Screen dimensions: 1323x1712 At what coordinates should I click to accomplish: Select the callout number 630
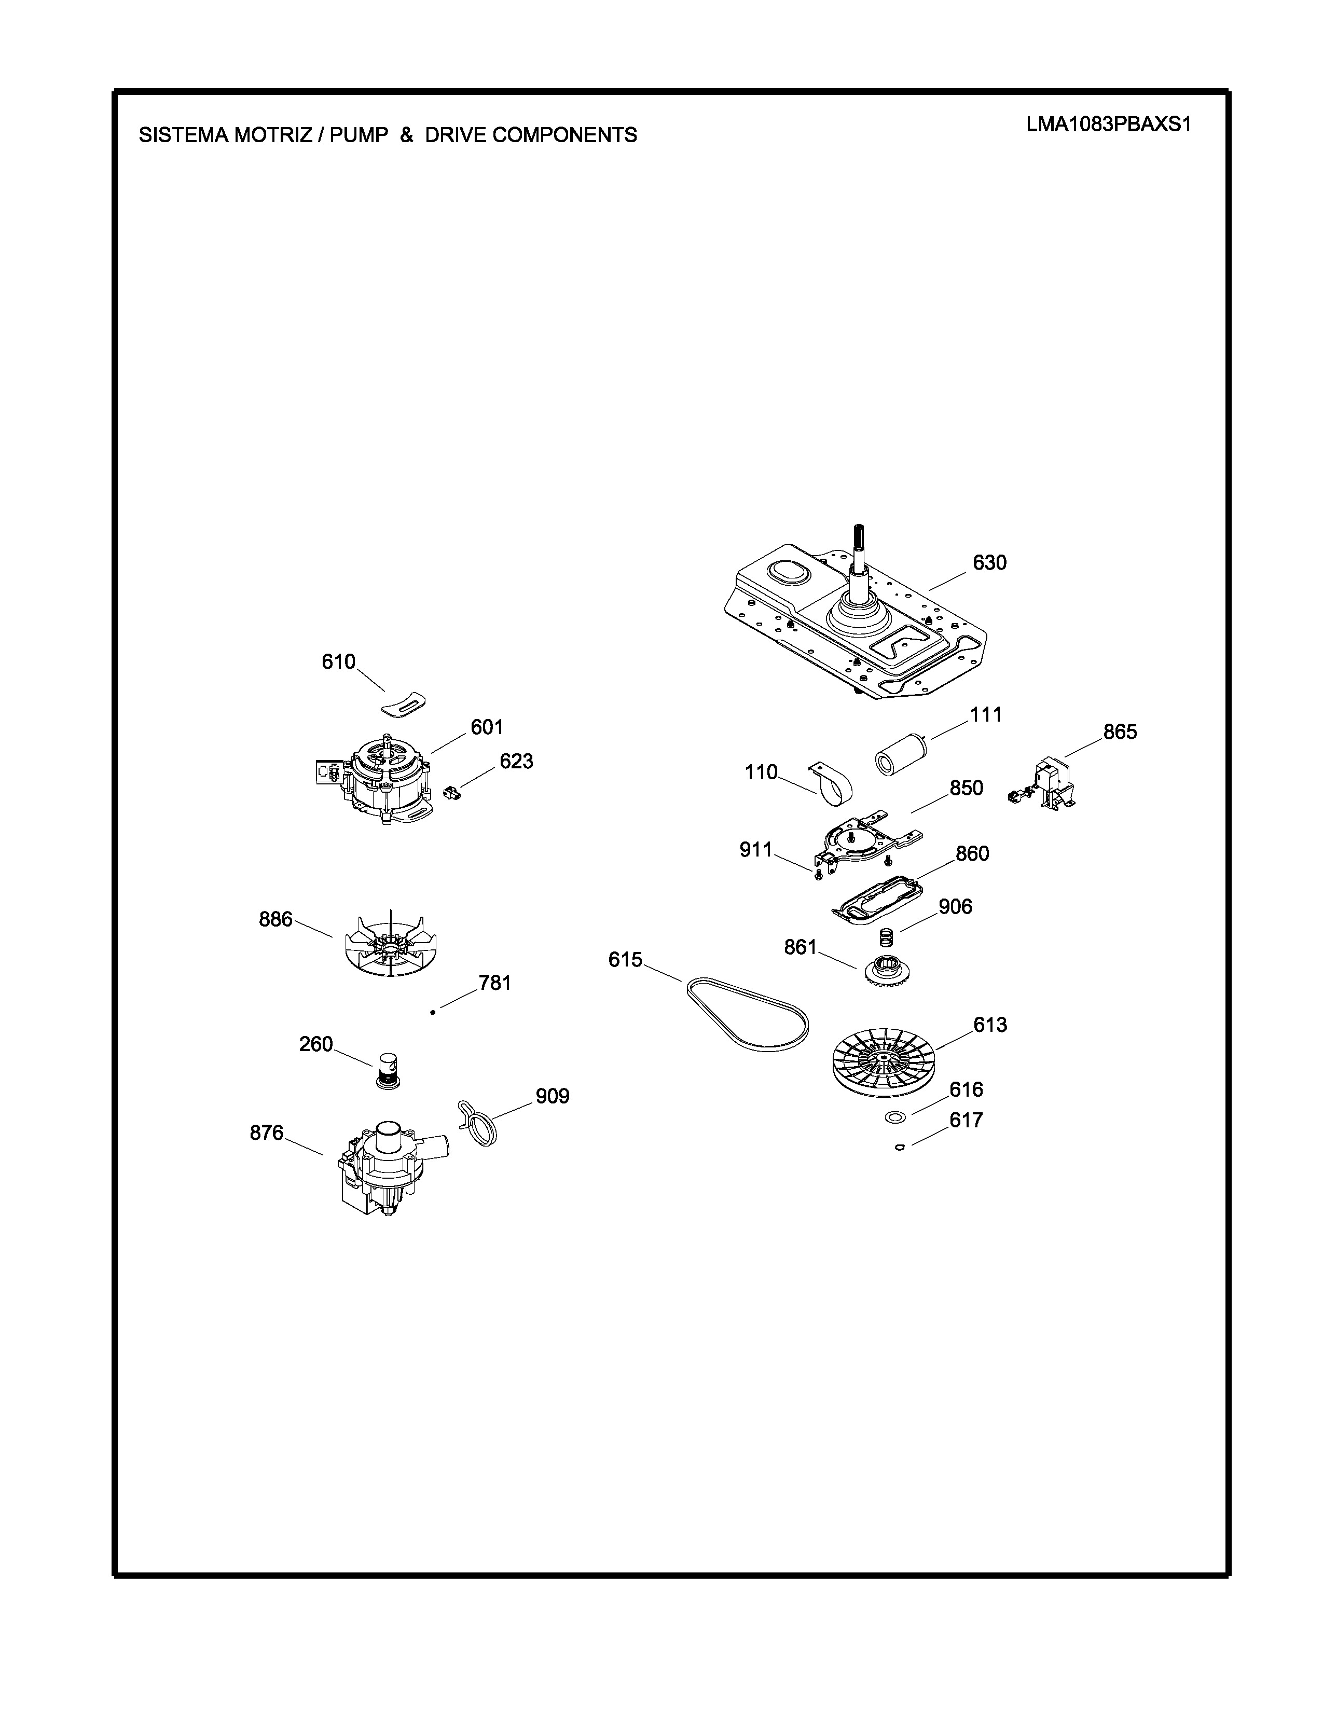989,562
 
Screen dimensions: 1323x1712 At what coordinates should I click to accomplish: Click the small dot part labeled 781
433,1013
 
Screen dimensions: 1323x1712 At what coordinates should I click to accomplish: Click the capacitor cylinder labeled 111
900,754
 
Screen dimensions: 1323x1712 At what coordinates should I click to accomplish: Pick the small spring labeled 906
885,936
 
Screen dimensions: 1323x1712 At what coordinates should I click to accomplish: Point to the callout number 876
267,1132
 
